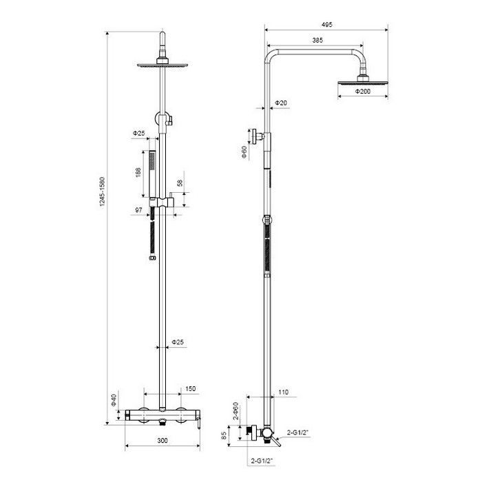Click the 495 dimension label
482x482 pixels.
pos(327,24)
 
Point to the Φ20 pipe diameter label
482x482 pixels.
pos(281,103)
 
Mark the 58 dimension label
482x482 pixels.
pos(180,183)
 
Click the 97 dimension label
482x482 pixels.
pos(139,209)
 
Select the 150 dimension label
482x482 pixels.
pos(191,389)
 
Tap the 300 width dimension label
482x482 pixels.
pos(163,440)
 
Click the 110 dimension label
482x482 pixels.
pos(282,392)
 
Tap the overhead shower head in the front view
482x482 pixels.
pos(163,64)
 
